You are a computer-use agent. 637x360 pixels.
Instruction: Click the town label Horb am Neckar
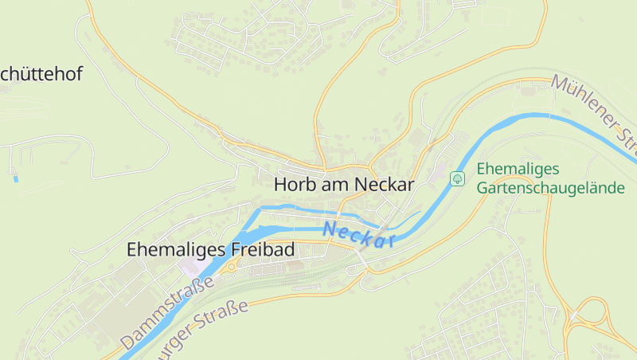click(344, 184)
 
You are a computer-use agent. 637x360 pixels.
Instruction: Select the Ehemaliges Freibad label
click(210, 249)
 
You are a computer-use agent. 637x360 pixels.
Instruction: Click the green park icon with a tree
click(457, 178)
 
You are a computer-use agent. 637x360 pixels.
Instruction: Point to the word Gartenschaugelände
click(551, 188)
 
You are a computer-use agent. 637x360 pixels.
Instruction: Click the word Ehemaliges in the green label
click(518, 169)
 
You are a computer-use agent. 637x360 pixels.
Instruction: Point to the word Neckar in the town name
click(385, 184)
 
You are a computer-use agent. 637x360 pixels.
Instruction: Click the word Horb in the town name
click(291, 184)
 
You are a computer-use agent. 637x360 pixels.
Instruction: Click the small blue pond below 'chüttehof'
click(15, 178)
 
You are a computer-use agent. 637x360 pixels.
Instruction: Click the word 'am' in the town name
click(333, 184)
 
